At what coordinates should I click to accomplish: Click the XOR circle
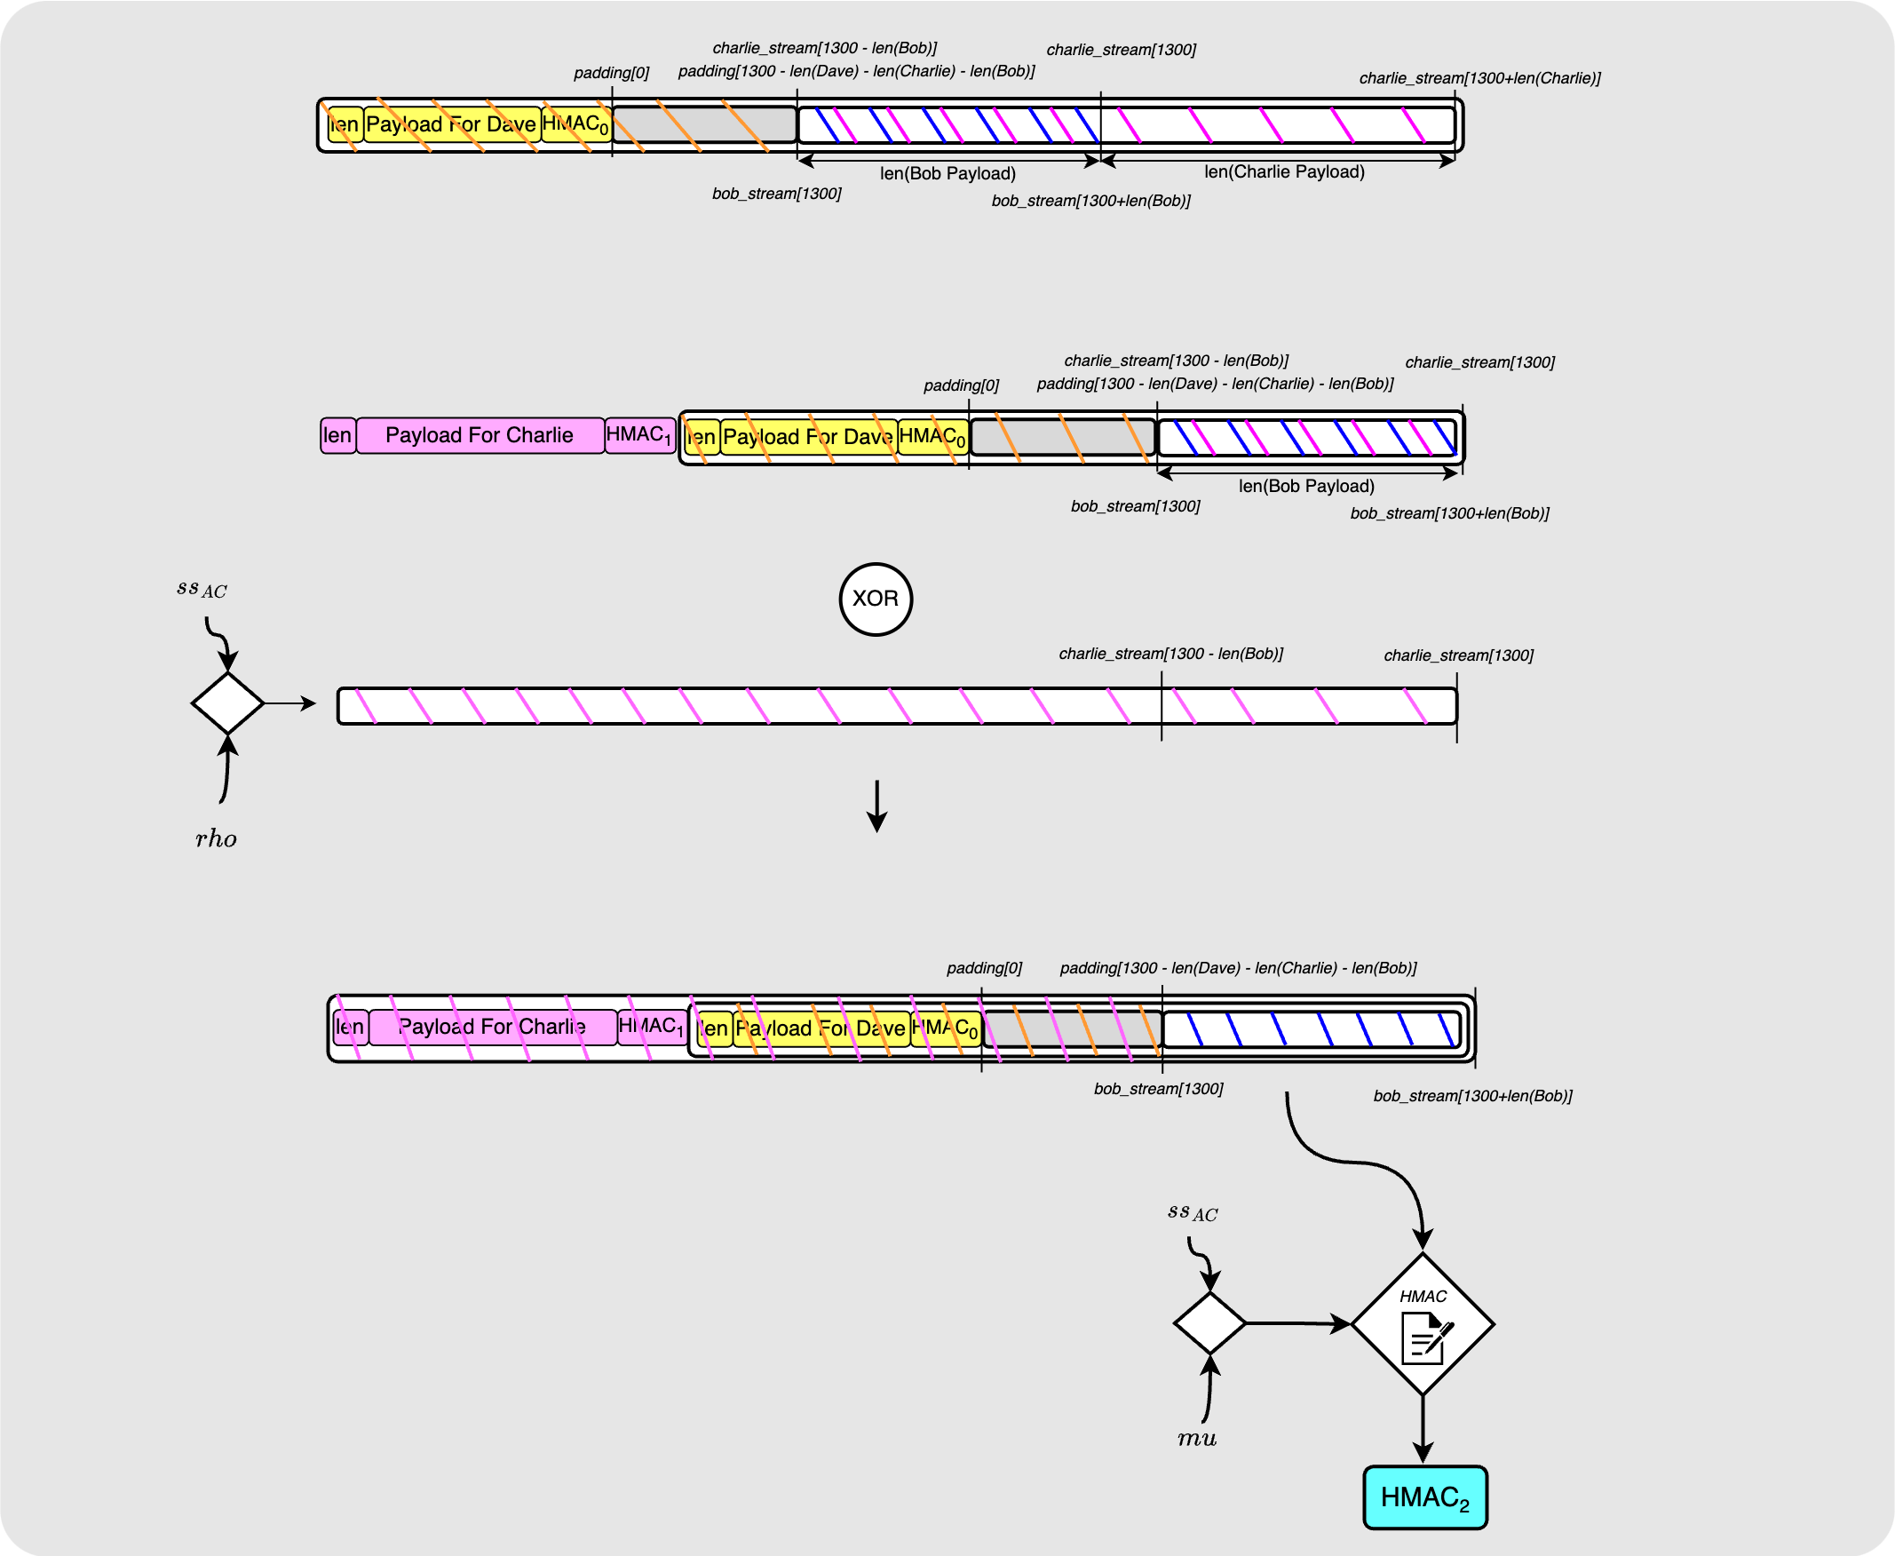[876, 599]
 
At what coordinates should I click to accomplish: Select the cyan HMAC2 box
[1424, 1496]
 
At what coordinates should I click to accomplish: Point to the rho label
[216, 839]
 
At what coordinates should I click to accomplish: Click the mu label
[1196, 1439]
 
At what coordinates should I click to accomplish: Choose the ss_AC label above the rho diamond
[202, 589]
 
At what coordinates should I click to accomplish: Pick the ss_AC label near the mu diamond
[1193, 1212]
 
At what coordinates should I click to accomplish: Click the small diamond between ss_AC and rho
[227, 703]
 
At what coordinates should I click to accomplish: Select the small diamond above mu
[1209, 1323]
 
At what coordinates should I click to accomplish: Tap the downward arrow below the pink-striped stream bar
[877, 806]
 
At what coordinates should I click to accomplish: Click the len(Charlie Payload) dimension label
[1284, 172]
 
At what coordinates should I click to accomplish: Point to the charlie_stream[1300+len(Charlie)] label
[1479, 78]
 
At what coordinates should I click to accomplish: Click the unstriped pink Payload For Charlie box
[480, 435]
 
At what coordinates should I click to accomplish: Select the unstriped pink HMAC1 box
[639, 435]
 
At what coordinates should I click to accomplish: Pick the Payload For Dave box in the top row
[452, 124]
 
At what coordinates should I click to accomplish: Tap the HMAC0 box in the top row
[576, 124]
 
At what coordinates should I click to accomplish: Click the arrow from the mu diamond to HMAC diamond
[1297, 1323]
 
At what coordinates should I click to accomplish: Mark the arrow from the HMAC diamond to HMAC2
[1423, 1429]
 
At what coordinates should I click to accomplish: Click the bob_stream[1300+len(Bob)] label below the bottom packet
[1472, 1095]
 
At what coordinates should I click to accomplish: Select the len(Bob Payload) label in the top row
[948, 173]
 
